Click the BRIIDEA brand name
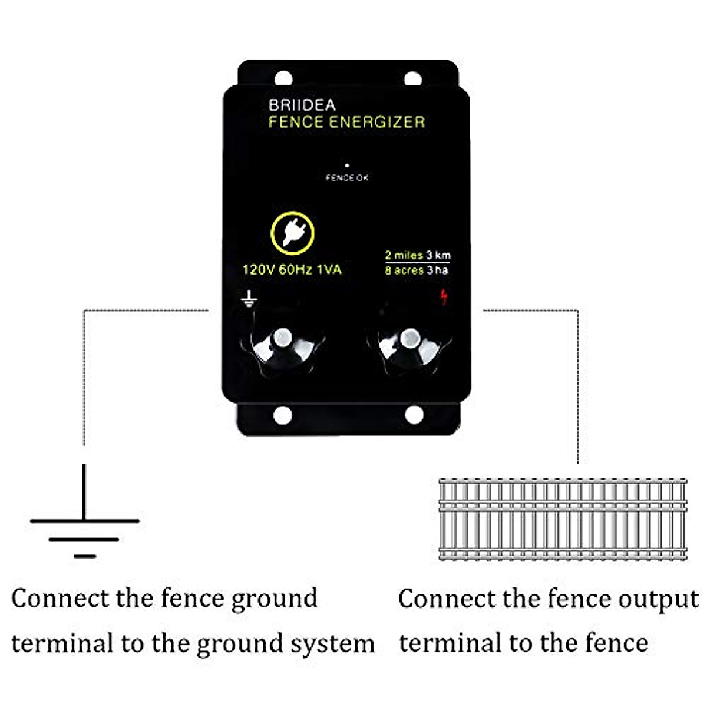(x=302, y=105)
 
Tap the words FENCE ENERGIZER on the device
(x=346, y=123)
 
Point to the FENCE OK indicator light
(x=347, y=166)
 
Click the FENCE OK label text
(x=347, y=177)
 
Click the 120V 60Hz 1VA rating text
(x=292, y=270)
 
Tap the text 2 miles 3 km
(x=417, y=256)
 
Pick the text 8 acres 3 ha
(x=416, y=270)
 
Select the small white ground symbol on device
(x=249, y=299)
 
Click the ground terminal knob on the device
(x=283, y=342)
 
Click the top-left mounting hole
(x=283, y=78)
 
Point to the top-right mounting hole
(x=412, y=78)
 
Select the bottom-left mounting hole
(x=283, y=415)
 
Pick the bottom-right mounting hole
(x=414, y=415)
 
